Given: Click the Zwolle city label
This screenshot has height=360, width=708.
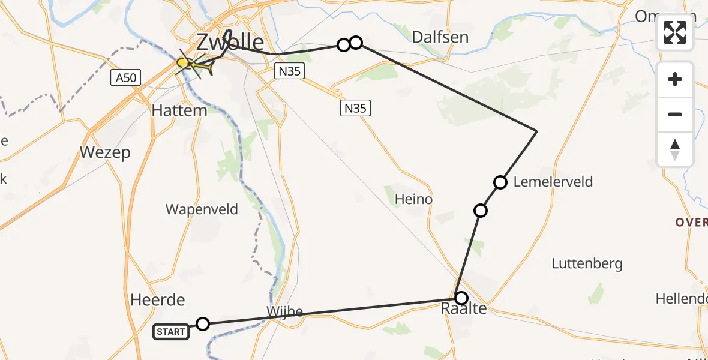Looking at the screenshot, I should point(230,43).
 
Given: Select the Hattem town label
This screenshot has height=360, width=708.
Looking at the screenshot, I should point(179,110).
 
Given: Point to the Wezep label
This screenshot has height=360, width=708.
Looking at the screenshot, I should point(105,153).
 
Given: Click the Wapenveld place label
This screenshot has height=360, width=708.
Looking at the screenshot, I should point(202,209).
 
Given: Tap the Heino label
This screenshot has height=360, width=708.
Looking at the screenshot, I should point(413,199).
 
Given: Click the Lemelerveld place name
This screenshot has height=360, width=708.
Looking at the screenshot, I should point(553,182).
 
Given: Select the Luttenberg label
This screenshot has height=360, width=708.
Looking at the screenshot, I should point(587,263).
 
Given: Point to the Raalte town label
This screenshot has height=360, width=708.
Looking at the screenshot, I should point(464,310).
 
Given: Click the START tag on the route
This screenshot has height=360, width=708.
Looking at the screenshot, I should point(171,331).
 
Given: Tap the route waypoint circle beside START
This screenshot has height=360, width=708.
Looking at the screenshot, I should point(203,324).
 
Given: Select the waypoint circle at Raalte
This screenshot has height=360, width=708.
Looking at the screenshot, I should point(461,298).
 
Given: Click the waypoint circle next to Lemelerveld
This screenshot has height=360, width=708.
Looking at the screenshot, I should point(500,182).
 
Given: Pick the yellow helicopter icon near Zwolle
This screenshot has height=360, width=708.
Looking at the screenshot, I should point(195,65).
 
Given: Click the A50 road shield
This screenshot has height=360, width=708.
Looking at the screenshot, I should point(125,77).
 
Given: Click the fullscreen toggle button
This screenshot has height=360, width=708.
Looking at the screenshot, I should point(675,32).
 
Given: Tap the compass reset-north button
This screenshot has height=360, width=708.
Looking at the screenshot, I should point(675,149).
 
